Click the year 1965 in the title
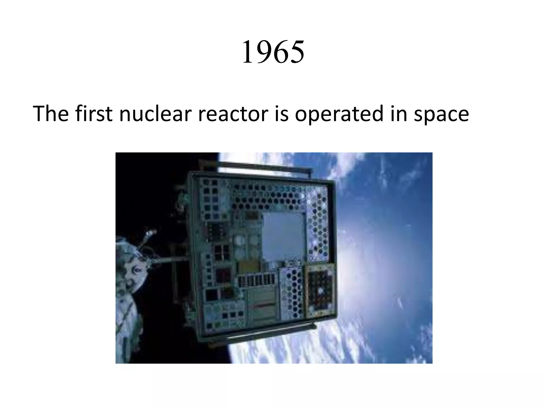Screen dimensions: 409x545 [x=273, y=52]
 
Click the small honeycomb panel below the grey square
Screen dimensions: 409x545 [x=291, y=293]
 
